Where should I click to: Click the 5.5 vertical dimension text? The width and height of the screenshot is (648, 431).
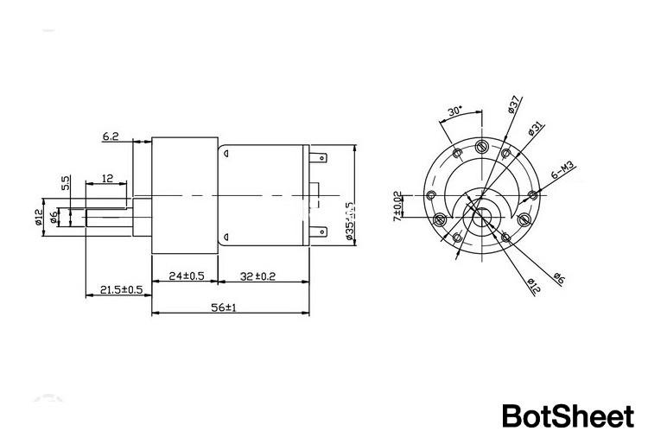tap(66, 183)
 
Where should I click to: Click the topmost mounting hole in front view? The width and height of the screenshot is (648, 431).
tap(481, 146)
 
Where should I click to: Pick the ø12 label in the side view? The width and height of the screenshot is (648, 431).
tap(39, 216)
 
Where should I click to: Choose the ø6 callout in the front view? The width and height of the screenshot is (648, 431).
tap(558, 278)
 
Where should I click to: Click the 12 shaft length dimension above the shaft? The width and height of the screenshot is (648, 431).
tap(108, 177)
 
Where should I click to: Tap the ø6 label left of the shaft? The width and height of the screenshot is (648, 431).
tap(54, 215)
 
